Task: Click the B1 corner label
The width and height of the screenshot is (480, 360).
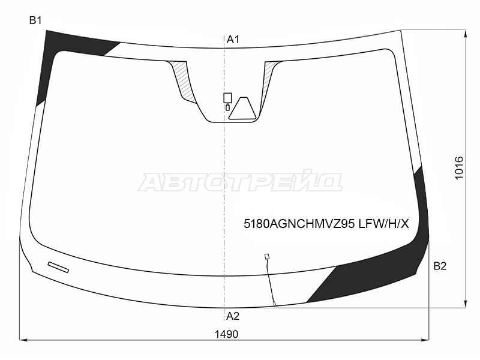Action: [35, 20]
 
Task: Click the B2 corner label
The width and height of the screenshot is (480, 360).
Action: [440, 266]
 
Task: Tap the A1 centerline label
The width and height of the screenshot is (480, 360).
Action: [233, 39]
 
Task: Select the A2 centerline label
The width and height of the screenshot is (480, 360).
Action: [233, 316]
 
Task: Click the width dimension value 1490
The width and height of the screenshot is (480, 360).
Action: [226, 334]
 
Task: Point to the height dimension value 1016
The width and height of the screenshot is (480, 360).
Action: [459, 168]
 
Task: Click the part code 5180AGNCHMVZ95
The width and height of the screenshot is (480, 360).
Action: [299, 224]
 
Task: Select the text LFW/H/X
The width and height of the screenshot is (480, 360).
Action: [383, 224]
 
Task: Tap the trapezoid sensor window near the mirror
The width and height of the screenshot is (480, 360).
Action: [242, 109]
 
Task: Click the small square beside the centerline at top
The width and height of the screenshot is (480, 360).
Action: [227, 98]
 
